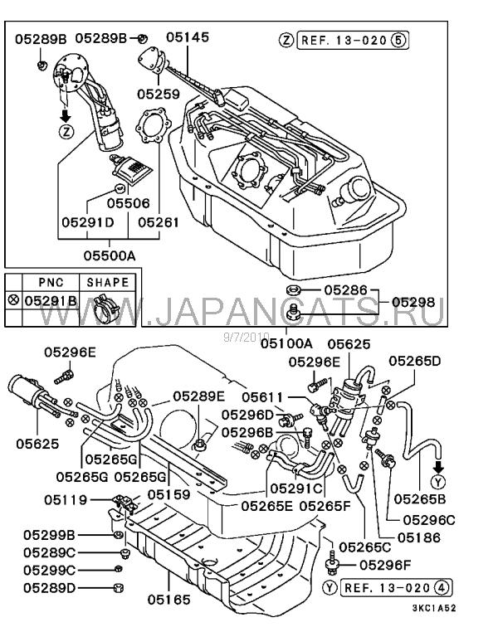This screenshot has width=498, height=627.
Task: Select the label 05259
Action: tap(158, 95)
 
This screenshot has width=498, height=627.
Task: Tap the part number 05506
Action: tap(128, 202)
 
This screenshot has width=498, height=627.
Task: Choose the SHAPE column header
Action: tap(108, 282)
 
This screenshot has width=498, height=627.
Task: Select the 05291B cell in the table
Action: tap(50, 301)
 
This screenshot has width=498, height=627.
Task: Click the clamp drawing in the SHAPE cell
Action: tap(107, 304)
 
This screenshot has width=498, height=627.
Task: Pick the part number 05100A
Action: tap(286, 343)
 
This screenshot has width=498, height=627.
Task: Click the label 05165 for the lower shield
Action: tap(169, 599)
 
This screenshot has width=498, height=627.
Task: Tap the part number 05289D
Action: tap(49, 588)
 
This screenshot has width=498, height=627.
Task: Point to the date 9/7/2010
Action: tap(242, 336)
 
